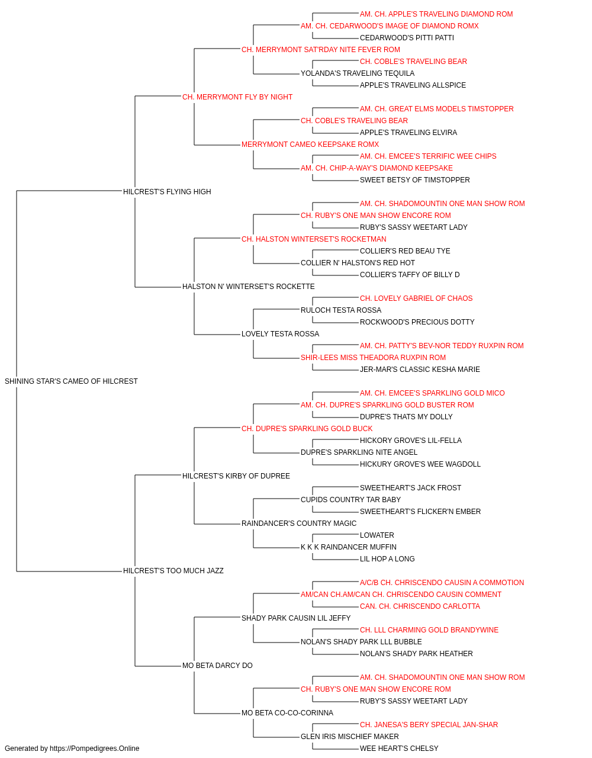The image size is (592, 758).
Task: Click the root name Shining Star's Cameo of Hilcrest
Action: [71, 381]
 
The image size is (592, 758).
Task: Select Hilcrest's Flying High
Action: [167, 191]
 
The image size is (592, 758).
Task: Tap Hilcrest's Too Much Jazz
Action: [173, 571]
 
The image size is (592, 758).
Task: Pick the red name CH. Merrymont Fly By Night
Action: [237, 97]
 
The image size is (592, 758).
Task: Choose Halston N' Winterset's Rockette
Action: [248, 287]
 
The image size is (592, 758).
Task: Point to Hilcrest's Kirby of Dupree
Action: [236, 476]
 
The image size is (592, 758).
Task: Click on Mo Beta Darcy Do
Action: [217, 666]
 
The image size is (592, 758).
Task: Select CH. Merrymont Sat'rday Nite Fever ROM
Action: [321, 50]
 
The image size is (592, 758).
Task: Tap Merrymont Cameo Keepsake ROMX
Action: [310, 144]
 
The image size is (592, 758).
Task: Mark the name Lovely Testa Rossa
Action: [280, 334]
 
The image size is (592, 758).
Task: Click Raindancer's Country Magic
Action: [299, 523]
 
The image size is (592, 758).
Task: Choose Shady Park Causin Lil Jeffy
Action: [296, 618]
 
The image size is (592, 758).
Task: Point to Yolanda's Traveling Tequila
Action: [358, 73]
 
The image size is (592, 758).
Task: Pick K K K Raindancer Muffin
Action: [349, 547]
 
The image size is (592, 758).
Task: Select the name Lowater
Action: [377, 535]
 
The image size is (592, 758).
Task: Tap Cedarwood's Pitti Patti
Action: [407, 38]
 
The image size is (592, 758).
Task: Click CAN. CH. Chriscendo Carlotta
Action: [420, 606]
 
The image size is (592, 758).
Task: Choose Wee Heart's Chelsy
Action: [399, 749]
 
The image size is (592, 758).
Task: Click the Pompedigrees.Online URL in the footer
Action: [95, 749]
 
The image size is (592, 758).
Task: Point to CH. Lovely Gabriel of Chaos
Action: [416, 298]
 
